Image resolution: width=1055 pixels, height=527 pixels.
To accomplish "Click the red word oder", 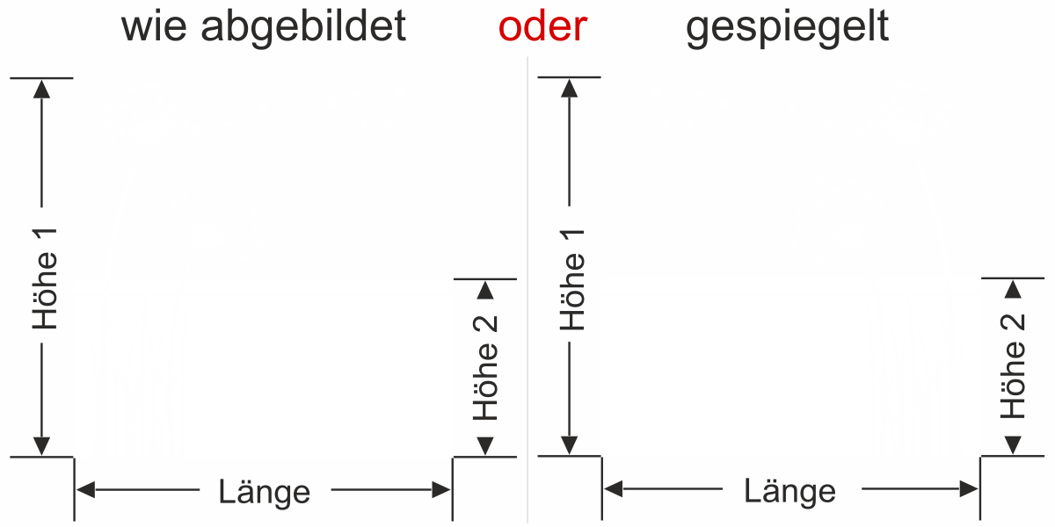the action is point(542,26).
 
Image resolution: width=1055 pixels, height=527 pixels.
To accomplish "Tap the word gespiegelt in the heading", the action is point(787,28).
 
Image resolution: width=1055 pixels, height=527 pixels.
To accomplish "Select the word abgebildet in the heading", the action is point(303,28).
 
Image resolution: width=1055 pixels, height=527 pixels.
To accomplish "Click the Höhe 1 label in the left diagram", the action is point(45,278).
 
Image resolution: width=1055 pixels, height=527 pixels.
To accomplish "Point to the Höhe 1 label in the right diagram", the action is point(572,279).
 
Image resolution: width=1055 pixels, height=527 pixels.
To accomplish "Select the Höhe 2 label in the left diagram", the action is point(485,367).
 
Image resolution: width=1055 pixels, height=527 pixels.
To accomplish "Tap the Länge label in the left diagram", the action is point(265,493).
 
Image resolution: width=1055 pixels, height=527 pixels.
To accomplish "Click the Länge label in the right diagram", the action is point(789,492).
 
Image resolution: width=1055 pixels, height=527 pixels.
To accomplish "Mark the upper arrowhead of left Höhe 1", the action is point(41,89).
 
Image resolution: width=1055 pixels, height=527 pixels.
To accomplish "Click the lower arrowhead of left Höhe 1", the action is point(41,446).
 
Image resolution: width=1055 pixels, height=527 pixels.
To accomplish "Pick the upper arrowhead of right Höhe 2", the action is point(1013,289).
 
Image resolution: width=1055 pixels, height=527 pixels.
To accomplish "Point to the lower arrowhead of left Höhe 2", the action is point(485,446).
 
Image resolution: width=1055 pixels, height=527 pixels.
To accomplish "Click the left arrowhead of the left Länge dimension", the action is point(85,490).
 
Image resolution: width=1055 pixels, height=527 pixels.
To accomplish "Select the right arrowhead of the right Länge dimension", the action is point(969,489).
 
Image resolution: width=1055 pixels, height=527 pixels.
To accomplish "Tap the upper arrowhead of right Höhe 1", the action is point(569,88).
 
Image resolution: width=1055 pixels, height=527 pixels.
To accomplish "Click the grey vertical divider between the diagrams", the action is point(527,290).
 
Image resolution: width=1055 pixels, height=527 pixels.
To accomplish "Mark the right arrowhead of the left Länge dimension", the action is point(441,490).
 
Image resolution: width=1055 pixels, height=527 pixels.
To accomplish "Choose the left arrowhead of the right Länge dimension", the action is point(614,489).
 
